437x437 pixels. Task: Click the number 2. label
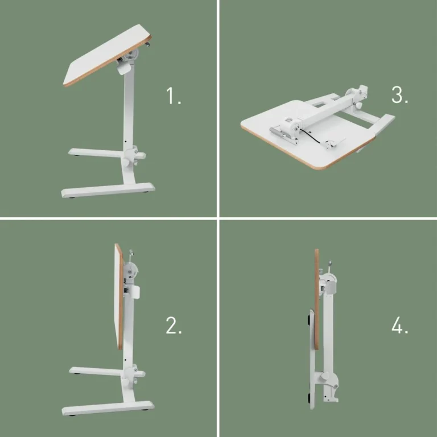click(x=174, y=325)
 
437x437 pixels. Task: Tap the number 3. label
click(x=399, y=94)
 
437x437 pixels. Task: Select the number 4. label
click(x=399, y=325)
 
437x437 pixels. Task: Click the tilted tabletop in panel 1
click(x=102, y=54)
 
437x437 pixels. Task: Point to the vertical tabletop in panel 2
click(x=119, y=296)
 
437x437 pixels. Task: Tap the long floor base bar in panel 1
click(x=108, y=189)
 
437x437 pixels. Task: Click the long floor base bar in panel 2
click(x=108, y=407)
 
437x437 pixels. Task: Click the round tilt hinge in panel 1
click(x=133, y=57)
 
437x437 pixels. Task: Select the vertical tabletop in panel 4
click(x=316, y=302)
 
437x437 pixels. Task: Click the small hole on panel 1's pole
click(x=126, y=139)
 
